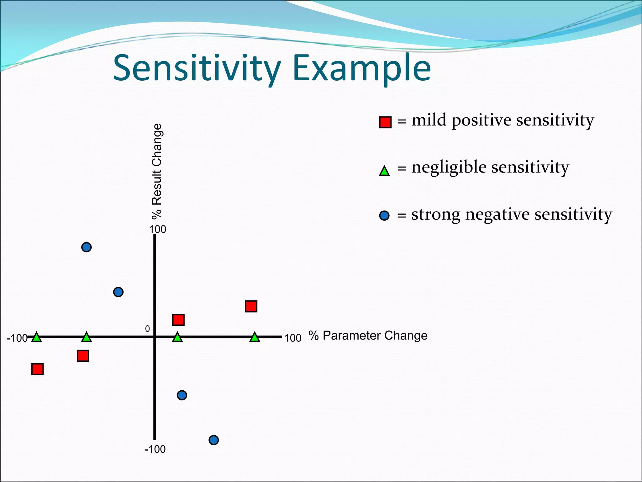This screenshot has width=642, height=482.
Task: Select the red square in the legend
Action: [x=385, y=122]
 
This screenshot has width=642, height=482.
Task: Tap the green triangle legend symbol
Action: [x=384, y=171]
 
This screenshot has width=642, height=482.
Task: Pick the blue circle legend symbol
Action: [x=384, y=216]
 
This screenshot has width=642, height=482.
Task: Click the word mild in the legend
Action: [x=429, y=120]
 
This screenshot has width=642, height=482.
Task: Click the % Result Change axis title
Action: [x=157, y=171]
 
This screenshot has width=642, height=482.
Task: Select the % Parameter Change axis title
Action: [x=368, y=335]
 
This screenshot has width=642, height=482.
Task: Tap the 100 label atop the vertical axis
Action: [x=157, y=229]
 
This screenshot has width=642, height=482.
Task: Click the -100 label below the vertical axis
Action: [x=155, y=449]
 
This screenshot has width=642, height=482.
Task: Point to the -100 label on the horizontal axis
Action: [x=17, y=338]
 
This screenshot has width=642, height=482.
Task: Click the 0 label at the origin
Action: [x=147, y=329]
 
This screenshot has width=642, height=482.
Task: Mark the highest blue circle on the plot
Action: [x=87, y=247]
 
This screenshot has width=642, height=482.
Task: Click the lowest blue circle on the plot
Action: [x=213, y=440]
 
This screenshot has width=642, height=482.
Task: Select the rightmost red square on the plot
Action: [x=251, y=306]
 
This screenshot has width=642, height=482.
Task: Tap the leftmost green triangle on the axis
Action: [x=37, y=337]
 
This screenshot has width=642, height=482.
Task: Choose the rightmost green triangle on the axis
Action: [x=255, y=337]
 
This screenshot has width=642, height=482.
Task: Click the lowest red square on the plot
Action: [x=38, y=369]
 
